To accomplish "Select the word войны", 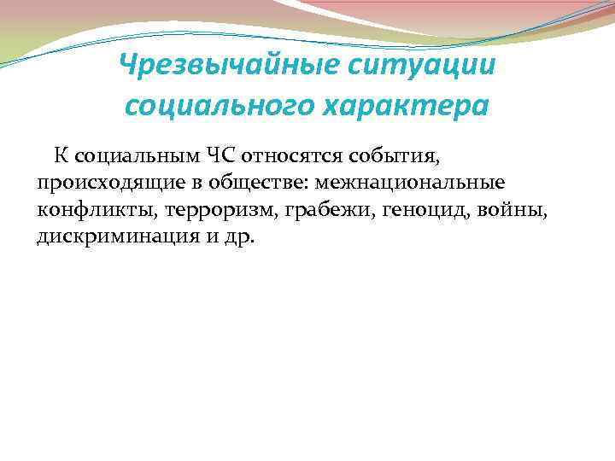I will click(x=512, y=209).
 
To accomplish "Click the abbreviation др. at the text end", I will click(x=241, y=236).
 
